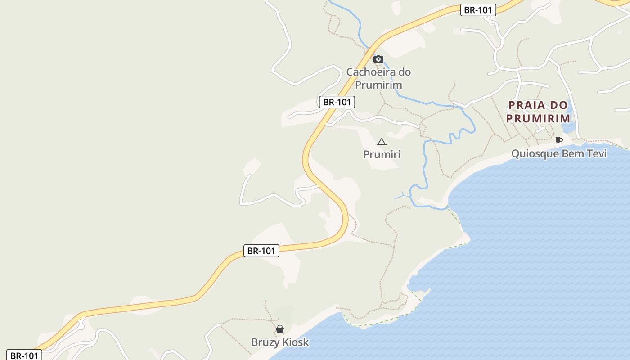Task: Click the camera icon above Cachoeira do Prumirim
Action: point(378,59)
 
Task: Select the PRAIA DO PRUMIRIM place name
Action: point(538,112)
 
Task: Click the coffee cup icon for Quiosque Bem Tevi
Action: point(559,141)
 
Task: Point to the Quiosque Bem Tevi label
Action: point(559,154)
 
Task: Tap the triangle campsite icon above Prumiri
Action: point(382,142)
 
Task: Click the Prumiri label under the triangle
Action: point(382,154)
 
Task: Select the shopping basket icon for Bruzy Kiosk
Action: point(280,329)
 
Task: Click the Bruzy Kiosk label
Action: point(280,342)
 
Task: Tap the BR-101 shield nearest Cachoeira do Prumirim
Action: point(337,102)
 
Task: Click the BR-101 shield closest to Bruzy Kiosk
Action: point(261,251)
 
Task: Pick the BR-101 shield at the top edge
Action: point(478,10)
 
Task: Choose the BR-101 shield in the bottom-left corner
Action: point(24,355)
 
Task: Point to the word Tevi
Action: point(596,154)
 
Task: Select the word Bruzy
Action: point(265,342)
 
